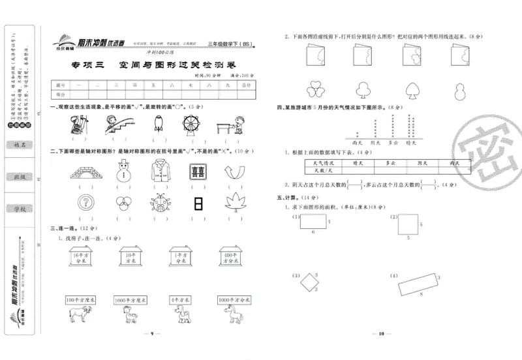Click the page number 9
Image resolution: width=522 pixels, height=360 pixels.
pyautogui.click(x=151, y=334)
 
